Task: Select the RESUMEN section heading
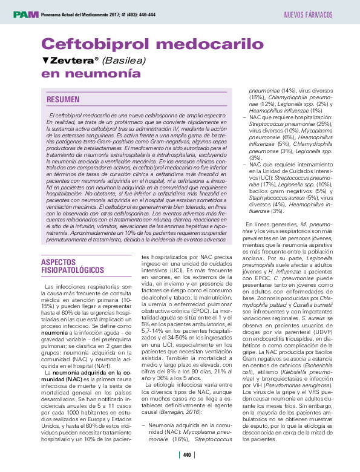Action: click(x=63, y=99)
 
